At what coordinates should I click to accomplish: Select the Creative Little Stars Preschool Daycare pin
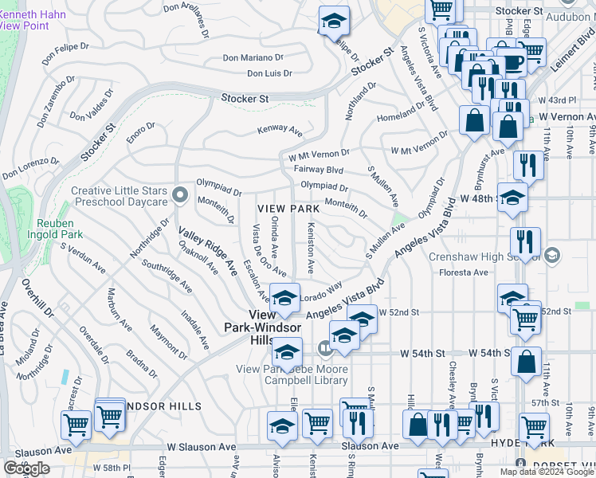[x=181, y=192]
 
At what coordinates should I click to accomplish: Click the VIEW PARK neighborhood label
[x=288, y=209]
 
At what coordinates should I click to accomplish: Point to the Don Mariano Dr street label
[x=253, y=57]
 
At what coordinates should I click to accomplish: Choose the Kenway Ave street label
[x=280, y=130]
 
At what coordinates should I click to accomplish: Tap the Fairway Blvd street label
[x=316, y=170]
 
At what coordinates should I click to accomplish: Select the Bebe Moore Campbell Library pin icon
[x=324, y=348]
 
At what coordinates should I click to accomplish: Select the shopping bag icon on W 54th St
[x=526, y=362]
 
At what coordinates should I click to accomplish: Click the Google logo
[x=26, y=468]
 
